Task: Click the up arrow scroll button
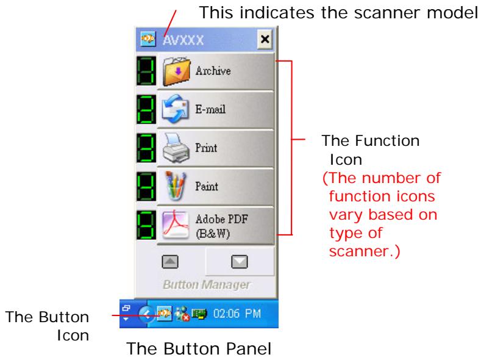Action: [x=168, y=261]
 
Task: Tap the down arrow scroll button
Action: [x=239, y=261]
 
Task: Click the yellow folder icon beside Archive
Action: [x=175, y=71]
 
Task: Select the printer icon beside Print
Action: [x=175, y=148]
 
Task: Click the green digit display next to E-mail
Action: [x=146, y=110]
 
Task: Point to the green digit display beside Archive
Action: [x=146, y=71]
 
